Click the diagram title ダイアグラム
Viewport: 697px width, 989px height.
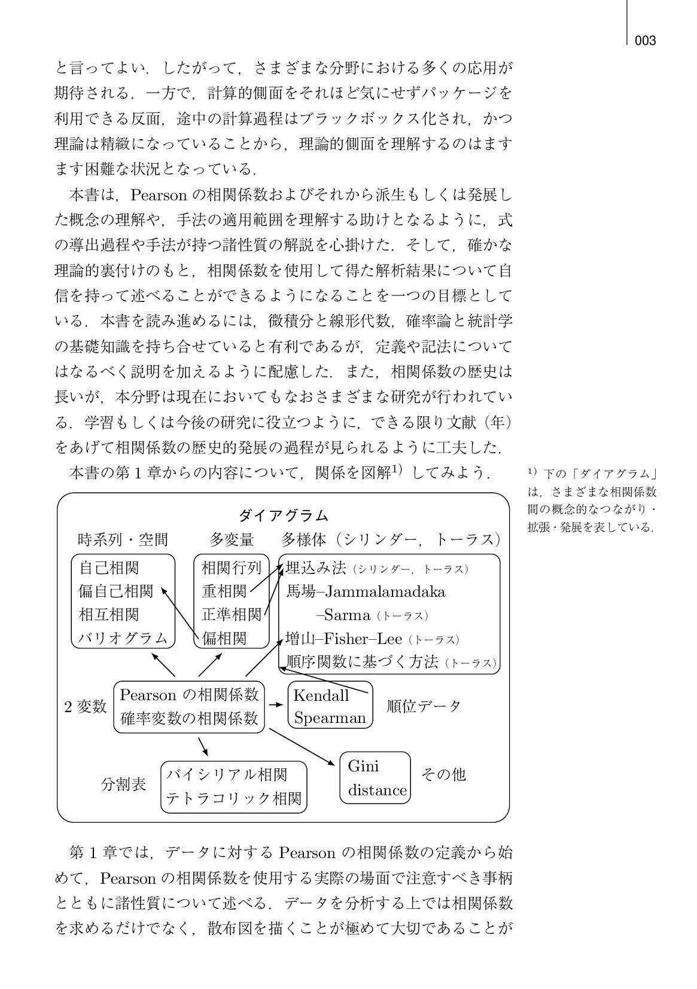tap(284, 515)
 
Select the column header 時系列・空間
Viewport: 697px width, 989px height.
tap(123, 539)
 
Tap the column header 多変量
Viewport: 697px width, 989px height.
tap(232, 539)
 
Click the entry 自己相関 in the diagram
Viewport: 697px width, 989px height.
tap(109, 567)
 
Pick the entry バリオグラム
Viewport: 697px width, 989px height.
tap(123, 638)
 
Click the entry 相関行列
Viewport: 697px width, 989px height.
tap(232, 567)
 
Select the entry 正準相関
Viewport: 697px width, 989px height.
tap(232, 614)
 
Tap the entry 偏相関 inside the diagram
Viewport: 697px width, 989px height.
tap(224, 638)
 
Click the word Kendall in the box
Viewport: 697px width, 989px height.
tap(321, 695)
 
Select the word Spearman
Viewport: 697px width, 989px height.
tap(330, 718)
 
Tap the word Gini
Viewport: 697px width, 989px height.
tap(363, 766)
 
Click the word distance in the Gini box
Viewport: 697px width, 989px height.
tap(377, 790)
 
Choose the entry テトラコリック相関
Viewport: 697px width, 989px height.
tap(234, 798)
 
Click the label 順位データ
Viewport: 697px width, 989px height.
tap(424, 706)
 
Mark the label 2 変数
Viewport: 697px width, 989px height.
tap(86, 706)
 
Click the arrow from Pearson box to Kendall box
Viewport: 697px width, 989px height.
tap(275, 705)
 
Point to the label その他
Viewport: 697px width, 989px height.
tap(443, 774)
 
